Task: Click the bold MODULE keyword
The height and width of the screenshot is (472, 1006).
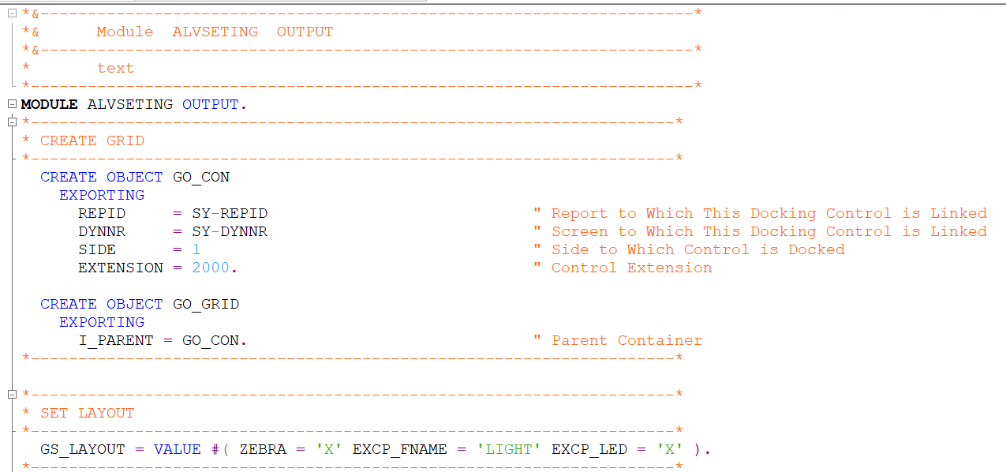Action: [49, 104]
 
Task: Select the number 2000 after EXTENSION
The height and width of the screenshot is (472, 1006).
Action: [211, 268]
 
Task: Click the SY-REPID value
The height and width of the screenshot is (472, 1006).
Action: [230, 213]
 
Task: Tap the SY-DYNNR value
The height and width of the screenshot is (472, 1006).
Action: [230, 231]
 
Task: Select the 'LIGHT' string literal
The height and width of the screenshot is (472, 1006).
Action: [508, 449]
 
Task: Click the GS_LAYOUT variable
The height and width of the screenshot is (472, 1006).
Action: [83, 449]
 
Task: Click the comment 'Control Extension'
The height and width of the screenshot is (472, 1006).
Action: [631, 268]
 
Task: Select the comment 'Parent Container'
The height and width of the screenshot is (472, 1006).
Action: [626, 340]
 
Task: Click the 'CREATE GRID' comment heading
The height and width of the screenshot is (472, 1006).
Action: [92, 140]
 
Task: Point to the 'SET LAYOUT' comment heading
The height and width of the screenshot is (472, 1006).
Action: [88, 413]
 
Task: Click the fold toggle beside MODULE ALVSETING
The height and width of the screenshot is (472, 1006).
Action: [11, 104]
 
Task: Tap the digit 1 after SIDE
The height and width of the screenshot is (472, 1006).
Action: [196, 249]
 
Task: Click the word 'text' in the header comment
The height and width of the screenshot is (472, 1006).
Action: [115, 68]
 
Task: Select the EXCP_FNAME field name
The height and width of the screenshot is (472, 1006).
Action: [399, 449]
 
